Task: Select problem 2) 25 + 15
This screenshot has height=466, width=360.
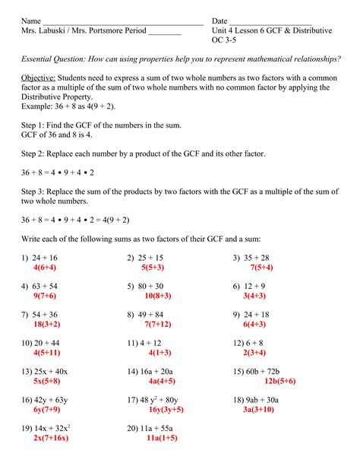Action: pos(145,258)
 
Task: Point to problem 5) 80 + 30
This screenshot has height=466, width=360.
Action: pos(145,286)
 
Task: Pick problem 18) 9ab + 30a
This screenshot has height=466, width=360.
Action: pos(256,398)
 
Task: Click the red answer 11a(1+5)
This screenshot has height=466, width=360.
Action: pos(162,438)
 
